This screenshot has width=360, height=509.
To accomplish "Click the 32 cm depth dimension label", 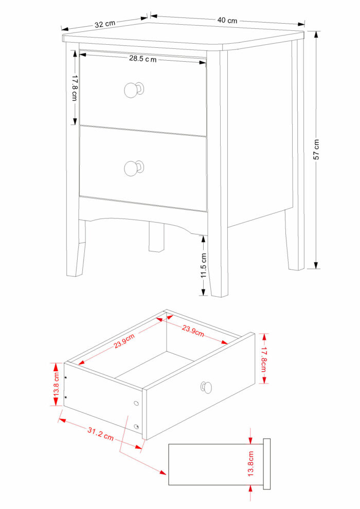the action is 105,24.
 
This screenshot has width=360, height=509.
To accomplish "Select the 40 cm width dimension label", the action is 227,21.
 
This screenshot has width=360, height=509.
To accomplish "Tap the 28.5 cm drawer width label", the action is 143,59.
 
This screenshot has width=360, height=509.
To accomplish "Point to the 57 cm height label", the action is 316,149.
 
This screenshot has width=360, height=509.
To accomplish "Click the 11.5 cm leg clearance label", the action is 204,266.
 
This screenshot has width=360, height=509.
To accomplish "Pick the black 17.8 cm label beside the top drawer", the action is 75,87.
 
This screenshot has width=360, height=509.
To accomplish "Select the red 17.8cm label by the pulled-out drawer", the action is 264,359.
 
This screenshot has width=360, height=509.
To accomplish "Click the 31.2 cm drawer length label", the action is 101,434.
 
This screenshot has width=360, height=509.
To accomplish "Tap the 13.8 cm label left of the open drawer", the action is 56,384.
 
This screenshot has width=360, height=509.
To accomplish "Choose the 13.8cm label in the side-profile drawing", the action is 250,464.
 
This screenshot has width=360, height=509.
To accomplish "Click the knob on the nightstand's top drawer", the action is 134,89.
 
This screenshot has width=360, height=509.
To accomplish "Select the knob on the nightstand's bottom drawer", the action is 134,168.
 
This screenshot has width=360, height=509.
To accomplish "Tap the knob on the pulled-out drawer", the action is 206,387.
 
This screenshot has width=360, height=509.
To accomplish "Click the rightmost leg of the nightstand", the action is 295,240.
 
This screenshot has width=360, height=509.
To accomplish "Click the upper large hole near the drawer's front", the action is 136,403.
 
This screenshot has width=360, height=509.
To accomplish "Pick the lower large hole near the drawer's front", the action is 137,427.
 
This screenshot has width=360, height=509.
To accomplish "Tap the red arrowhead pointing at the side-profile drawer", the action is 163,472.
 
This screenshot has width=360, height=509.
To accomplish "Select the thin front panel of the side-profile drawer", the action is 266,464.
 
